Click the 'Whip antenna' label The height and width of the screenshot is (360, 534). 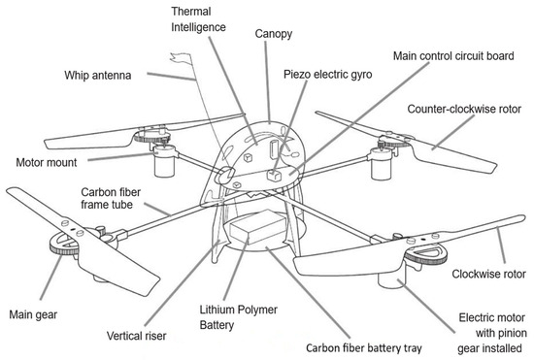[98, 75]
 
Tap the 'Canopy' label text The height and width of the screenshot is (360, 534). [274, 34]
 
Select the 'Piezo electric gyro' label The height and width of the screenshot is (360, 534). [327, 74]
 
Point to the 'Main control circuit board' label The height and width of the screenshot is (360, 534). [453, 56]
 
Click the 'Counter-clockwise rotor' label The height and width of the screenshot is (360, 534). [464, 109]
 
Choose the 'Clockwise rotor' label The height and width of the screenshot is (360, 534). [488, 274]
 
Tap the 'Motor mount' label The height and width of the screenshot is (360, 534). [47, 162]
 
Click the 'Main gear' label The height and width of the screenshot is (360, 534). [33, 314]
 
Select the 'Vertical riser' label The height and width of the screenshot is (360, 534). [137, 336]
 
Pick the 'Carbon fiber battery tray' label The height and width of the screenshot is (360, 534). [364, 348]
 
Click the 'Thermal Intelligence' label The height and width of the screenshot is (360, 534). [198, 19]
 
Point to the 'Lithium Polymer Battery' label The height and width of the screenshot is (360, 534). [239, 317]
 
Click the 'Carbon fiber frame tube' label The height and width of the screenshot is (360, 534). [111, 198]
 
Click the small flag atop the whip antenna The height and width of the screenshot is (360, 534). [182, 59]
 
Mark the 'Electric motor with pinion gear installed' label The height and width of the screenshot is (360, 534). [492, 333]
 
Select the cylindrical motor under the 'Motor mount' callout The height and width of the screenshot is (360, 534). [164, 162]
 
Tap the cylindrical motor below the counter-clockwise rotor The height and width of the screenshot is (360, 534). [382, 165]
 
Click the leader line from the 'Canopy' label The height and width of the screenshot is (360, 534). [268, 82]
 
